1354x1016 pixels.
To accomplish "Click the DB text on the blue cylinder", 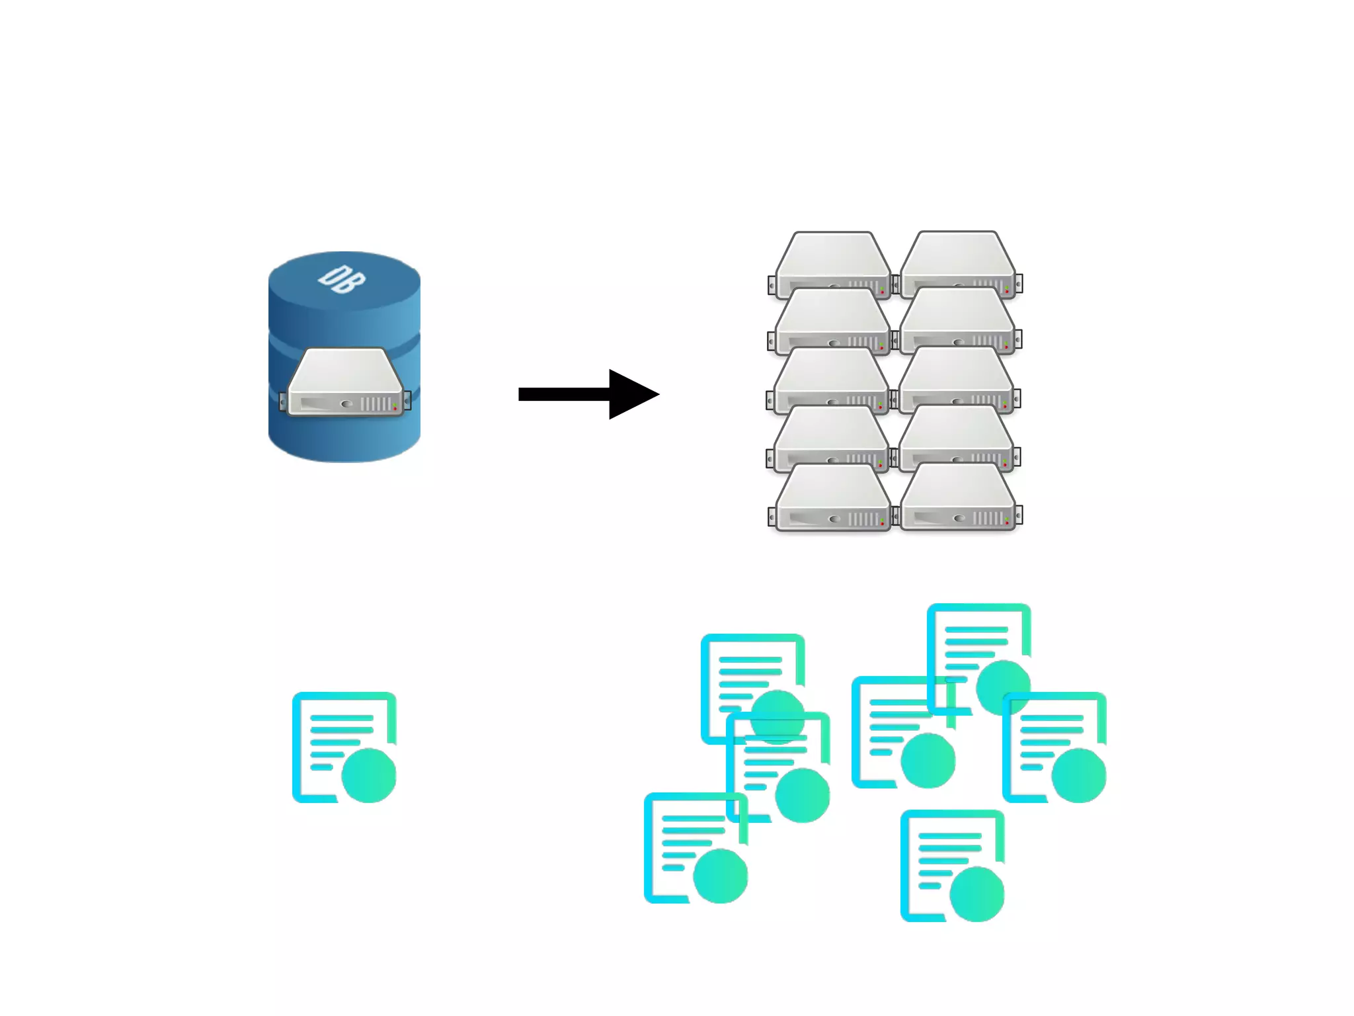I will coord(341,279).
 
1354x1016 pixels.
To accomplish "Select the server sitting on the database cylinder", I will coord(345,382).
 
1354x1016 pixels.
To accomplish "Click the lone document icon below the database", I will coord(344,747).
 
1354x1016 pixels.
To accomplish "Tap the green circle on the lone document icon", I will coord(369,776).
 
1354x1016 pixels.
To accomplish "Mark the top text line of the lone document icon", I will coord(342,718).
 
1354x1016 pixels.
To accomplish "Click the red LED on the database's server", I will coord(395,408).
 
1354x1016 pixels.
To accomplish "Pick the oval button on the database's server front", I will coord(346,403).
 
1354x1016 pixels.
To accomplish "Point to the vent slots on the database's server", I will coord(375,403).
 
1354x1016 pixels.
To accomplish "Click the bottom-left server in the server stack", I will coord(832,497).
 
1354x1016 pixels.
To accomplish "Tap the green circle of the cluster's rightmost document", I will coord(1078,775).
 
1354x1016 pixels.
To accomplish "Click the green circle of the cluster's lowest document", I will coord(976,894).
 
